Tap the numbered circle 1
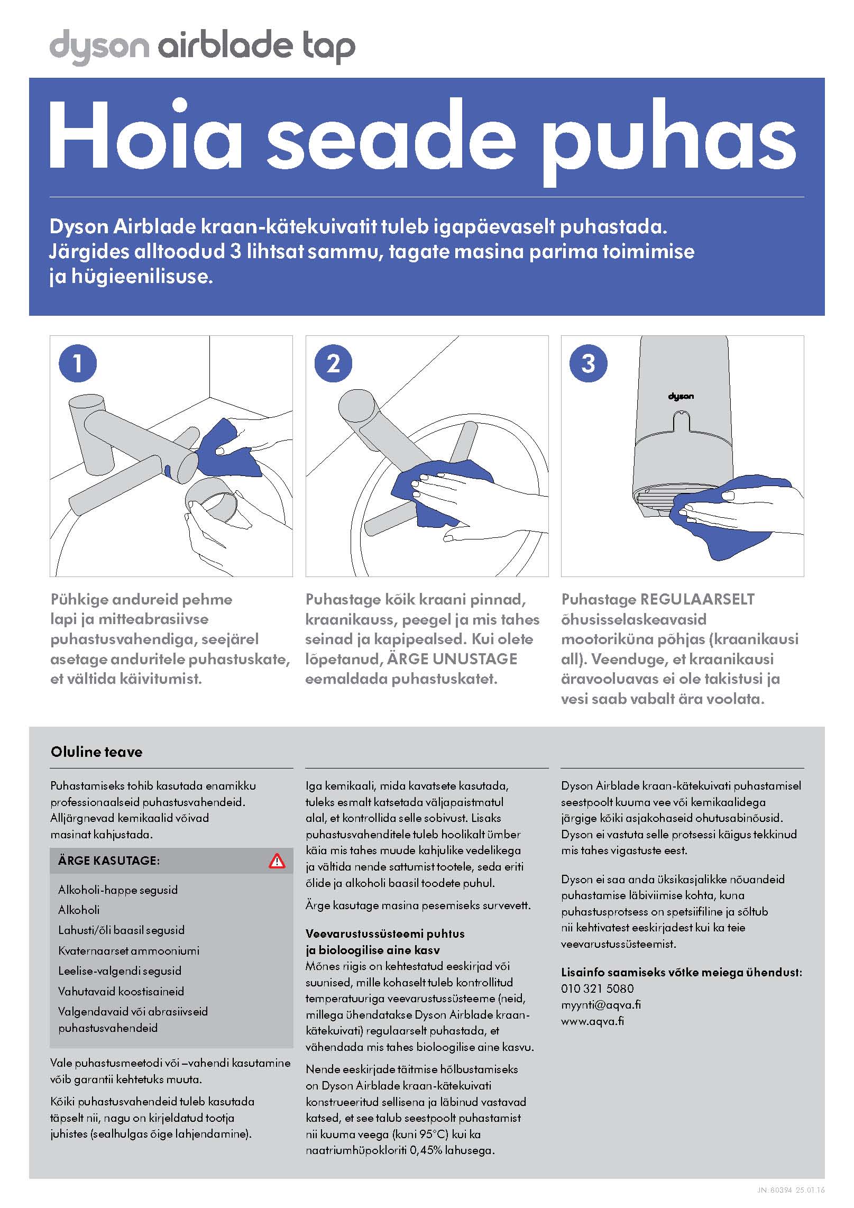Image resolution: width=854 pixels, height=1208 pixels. [78, 363]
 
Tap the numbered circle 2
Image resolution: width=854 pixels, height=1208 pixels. [333, 363]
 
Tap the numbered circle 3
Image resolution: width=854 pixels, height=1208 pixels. [588, 363]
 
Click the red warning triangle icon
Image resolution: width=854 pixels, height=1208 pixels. [277, 861]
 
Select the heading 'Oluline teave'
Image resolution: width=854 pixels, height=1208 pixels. [97, 752]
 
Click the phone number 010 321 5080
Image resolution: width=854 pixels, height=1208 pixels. [597, 989]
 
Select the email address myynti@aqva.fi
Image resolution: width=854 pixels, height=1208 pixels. [601, 1005]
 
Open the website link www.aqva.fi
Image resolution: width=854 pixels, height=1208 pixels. [592, 1021]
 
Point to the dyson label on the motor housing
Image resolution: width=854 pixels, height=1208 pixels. [681, 396]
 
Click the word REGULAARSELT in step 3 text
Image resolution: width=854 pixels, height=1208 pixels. [697, 599]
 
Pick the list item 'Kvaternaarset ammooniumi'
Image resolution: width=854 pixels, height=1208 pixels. [128, 951]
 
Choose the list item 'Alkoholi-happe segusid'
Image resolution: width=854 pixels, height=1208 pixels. [117, 890]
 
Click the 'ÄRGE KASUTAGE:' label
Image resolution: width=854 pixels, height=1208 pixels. [108, 861]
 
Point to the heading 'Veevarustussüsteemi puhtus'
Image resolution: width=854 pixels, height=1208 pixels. [385, 934]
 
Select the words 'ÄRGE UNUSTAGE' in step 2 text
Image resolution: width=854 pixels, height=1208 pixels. [452, 659]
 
